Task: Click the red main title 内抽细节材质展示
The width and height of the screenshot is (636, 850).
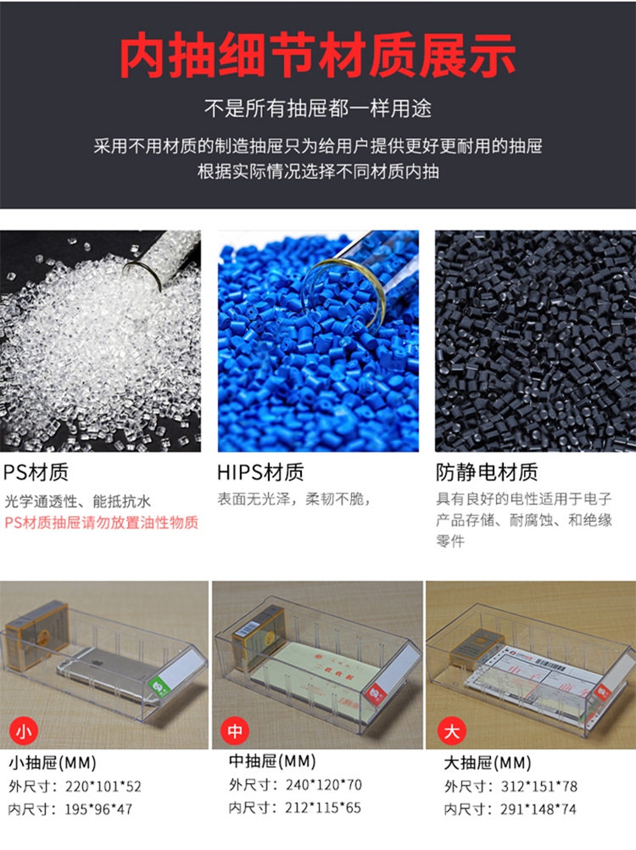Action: click(x=317, y=55)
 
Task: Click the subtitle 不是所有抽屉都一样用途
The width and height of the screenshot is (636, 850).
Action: click(x=318, y=108)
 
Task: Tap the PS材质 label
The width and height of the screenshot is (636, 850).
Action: click(x=36, y=472)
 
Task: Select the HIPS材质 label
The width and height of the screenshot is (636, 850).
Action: click(x=260, y=472)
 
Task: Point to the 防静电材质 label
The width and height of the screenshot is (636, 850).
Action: click(x=487, y=472)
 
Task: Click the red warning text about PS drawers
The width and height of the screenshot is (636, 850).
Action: click(x=102, y=523)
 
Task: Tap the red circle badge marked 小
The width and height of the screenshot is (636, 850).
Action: click(x=24, y=732)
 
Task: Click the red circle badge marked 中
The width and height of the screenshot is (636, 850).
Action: click(x=234, y=731)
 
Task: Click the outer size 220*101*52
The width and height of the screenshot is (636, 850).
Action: click(x=103, y=786)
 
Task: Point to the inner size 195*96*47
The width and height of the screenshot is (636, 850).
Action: click(x=98, y=809)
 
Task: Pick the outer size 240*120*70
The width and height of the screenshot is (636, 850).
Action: click(x=323, y=785)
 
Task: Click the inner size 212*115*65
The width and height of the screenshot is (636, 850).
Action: click(x=323, y=808)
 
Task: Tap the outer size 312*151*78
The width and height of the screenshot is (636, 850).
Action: click(x=538, y=786)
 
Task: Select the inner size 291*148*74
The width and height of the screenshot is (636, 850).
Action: click(x=538, y=809)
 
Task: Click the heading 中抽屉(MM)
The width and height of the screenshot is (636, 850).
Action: click(x=272, y=761)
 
